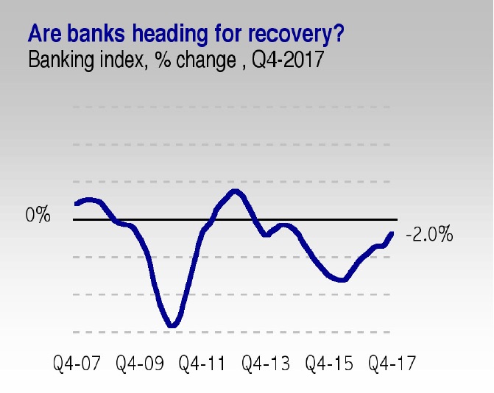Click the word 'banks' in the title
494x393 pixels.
tap(96, 33)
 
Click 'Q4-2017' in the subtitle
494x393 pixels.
tap(288, 59)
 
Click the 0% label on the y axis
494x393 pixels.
tap(38, 214)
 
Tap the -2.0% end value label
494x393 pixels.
tap(429, 234)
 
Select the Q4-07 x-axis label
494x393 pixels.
tap(77, 363)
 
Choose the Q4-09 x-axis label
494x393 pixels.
tap(140, 363)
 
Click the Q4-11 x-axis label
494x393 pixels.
tap(202, 363)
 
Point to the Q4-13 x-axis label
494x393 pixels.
tap(266, 363)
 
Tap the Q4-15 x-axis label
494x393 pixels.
tap(329, 363)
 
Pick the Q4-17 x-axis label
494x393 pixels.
tap(392, 363)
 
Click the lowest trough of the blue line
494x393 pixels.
tap(172, 325)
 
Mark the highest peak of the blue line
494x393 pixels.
tap(236, 191)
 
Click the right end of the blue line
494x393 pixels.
tap(392, 233)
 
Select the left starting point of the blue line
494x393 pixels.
tap(76, 203)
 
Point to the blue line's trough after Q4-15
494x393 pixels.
tap(342, 280)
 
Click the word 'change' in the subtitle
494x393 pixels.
tap(206, 60)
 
